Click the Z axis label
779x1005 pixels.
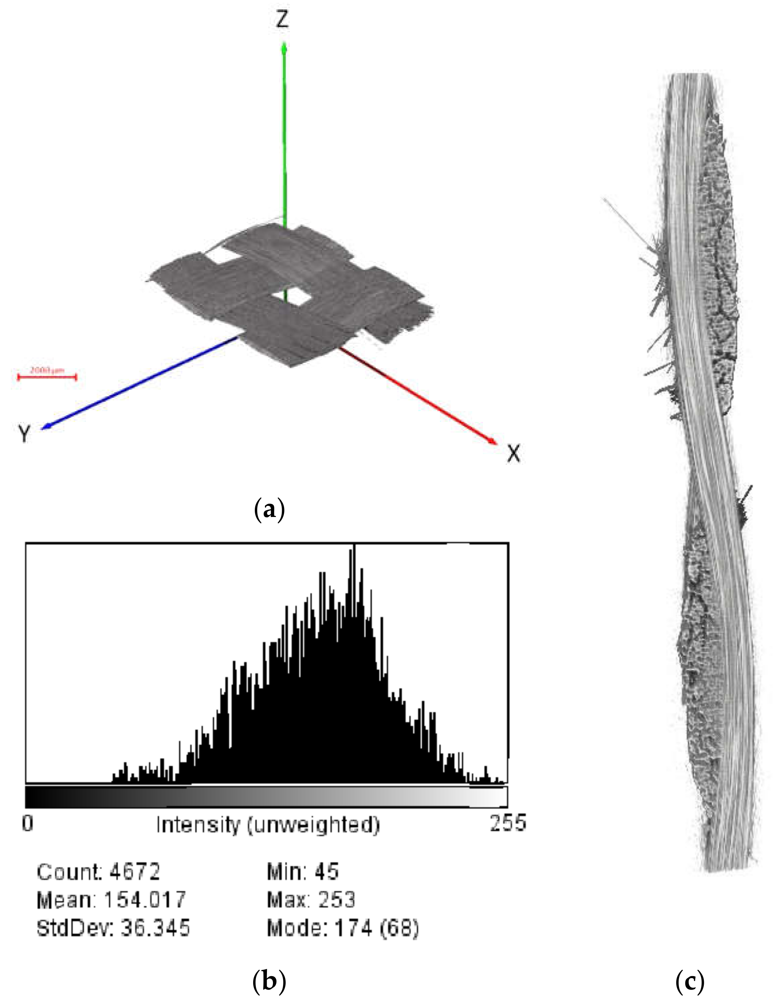pyautogui.click(x=282, y=20)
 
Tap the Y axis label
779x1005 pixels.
pyautogui.click(x=24, y=433)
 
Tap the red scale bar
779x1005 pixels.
pyautogui.click(x=47, y=377)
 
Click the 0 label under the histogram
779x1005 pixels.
pyautogui.click(x=28, y=823)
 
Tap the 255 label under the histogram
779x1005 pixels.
pyautogui.click(x=507, y=823)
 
